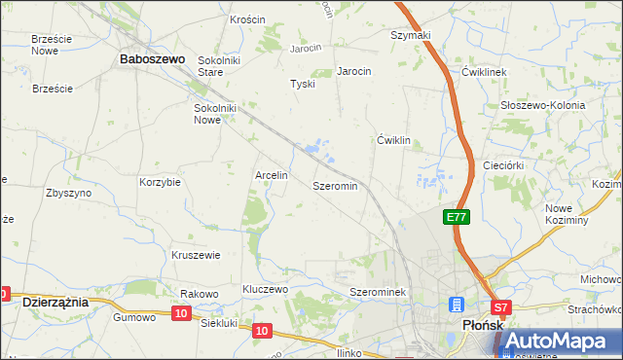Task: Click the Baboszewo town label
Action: pyautogui.click(x=152, y=58)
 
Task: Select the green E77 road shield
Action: pyautogui.click(x=459, y=218)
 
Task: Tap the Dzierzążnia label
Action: pyautogui.click(x=55, y=302)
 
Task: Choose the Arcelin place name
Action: pyautogui.click(x=272, y=176)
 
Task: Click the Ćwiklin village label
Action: pyautogui.click(x=394, y=141)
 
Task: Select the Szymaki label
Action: pyautogui.click(x=411, y=35)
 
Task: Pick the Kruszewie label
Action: pyautogui.click(x=197, y=255)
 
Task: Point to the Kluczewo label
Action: pyautogui.click(x=266, y=290)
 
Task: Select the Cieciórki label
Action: pyautogui.click(x=505, y=166)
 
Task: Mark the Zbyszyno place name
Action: pyautogui.click(x=69, y=193)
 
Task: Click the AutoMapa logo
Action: pyautogui.click(x=560, y=342)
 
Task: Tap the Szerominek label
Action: pyautogui.click(x=384, y=292)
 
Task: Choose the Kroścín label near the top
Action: pyautogui.click(x=248, y=19)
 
